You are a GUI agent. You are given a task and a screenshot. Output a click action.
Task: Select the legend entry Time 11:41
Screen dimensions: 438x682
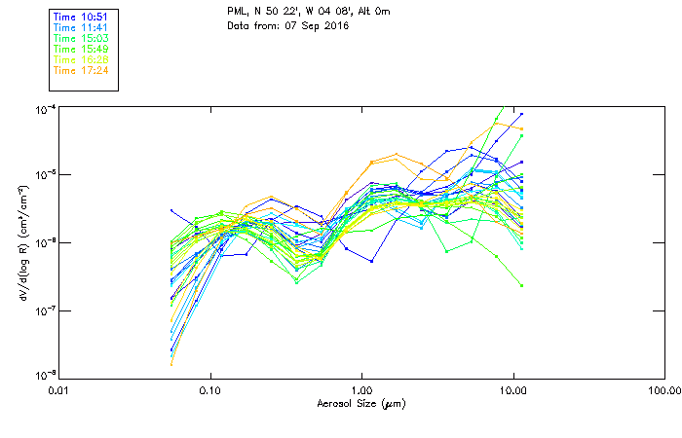(80, 28)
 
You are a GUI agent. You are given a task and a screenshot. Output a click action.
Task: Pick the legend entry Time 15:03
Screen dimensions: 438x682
(80, 38)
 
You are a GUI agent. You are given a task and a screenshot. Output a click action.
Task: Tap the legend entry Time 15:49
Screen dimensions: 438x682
(80, 49)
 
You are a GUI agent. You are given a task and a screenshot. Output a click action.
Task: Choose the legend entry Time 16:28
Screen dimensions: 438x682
(80, 59)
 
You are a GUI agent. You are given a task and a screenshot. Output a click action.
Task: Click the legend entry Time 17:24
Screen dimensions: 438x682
(80, 70)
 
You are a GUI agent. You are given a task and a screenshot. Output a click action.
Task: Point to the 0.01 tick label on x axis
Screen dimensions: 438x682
(59, 390)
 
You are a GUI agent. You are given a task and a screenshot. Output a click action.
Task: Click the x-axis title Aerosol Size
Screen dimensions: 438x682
(360, 403)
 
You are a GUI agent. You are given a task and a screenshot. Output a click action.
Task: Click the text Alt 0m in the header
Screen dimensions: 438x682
(362, 13)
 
